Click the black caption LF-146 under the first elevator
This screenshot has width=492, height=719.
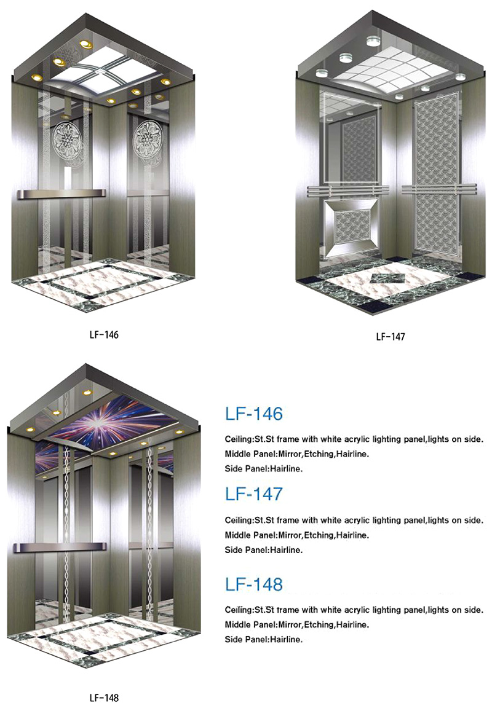pos(104,335)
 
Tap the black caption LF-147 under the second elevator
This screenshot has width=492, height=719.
pos(390,337)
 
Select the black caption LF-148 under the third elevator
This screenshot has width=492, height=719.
pos(104,697)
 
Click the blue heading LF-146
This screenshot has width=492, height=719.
pos(254,414)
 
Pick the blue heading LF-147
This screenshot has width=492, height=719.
pos(254,494)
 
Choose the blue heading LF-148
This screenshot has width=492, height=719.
pos(254,584)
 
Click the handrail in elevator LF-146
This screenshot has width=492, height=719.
pos(61,194)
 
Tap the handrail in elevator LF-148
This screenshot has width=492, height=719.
pos(60,547)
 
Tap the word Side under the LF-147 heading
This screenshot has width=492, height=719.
pos(232,550)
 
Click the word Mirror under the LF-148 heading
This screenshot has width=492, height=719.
pos(290,624)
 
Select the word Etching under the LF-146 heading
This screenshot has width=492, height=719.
pos(319,454)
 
